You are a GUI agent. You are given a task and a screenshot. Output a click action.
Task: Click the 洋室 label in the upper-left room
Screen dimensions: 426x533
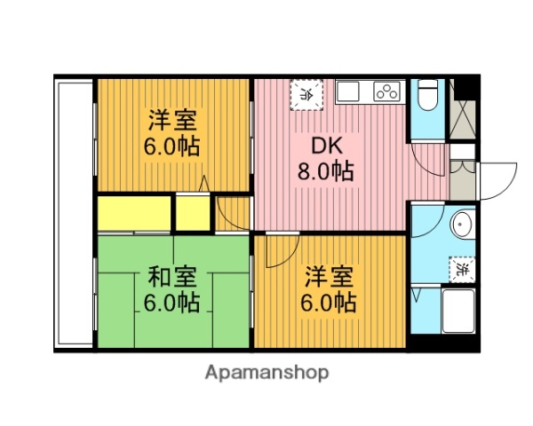(173, 119)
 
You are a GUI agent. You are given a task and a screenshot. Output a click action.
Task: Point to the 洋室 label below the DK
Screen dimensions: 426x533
(330, 276)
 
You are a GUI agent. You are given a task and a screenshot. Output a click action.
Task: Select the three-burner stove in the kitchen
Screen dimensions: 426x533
(387, 90)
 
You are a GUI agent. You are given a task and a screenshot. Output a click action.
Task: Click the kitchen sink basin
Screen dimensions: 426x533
(347, 91)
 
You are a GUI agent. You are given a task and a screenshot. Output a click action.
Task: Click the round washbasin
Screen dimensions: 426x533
(462, 225)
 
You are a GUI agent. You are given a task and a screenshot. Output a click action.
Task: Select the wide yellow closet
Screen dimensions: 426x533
(134, 214)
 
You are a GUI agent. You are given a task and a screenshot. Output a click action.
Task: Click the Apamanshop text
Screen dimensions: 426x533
(267, 372)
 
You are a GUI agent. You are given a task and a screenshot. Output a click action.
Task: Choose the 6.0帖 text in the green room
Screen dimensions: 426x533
(172, 303)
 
